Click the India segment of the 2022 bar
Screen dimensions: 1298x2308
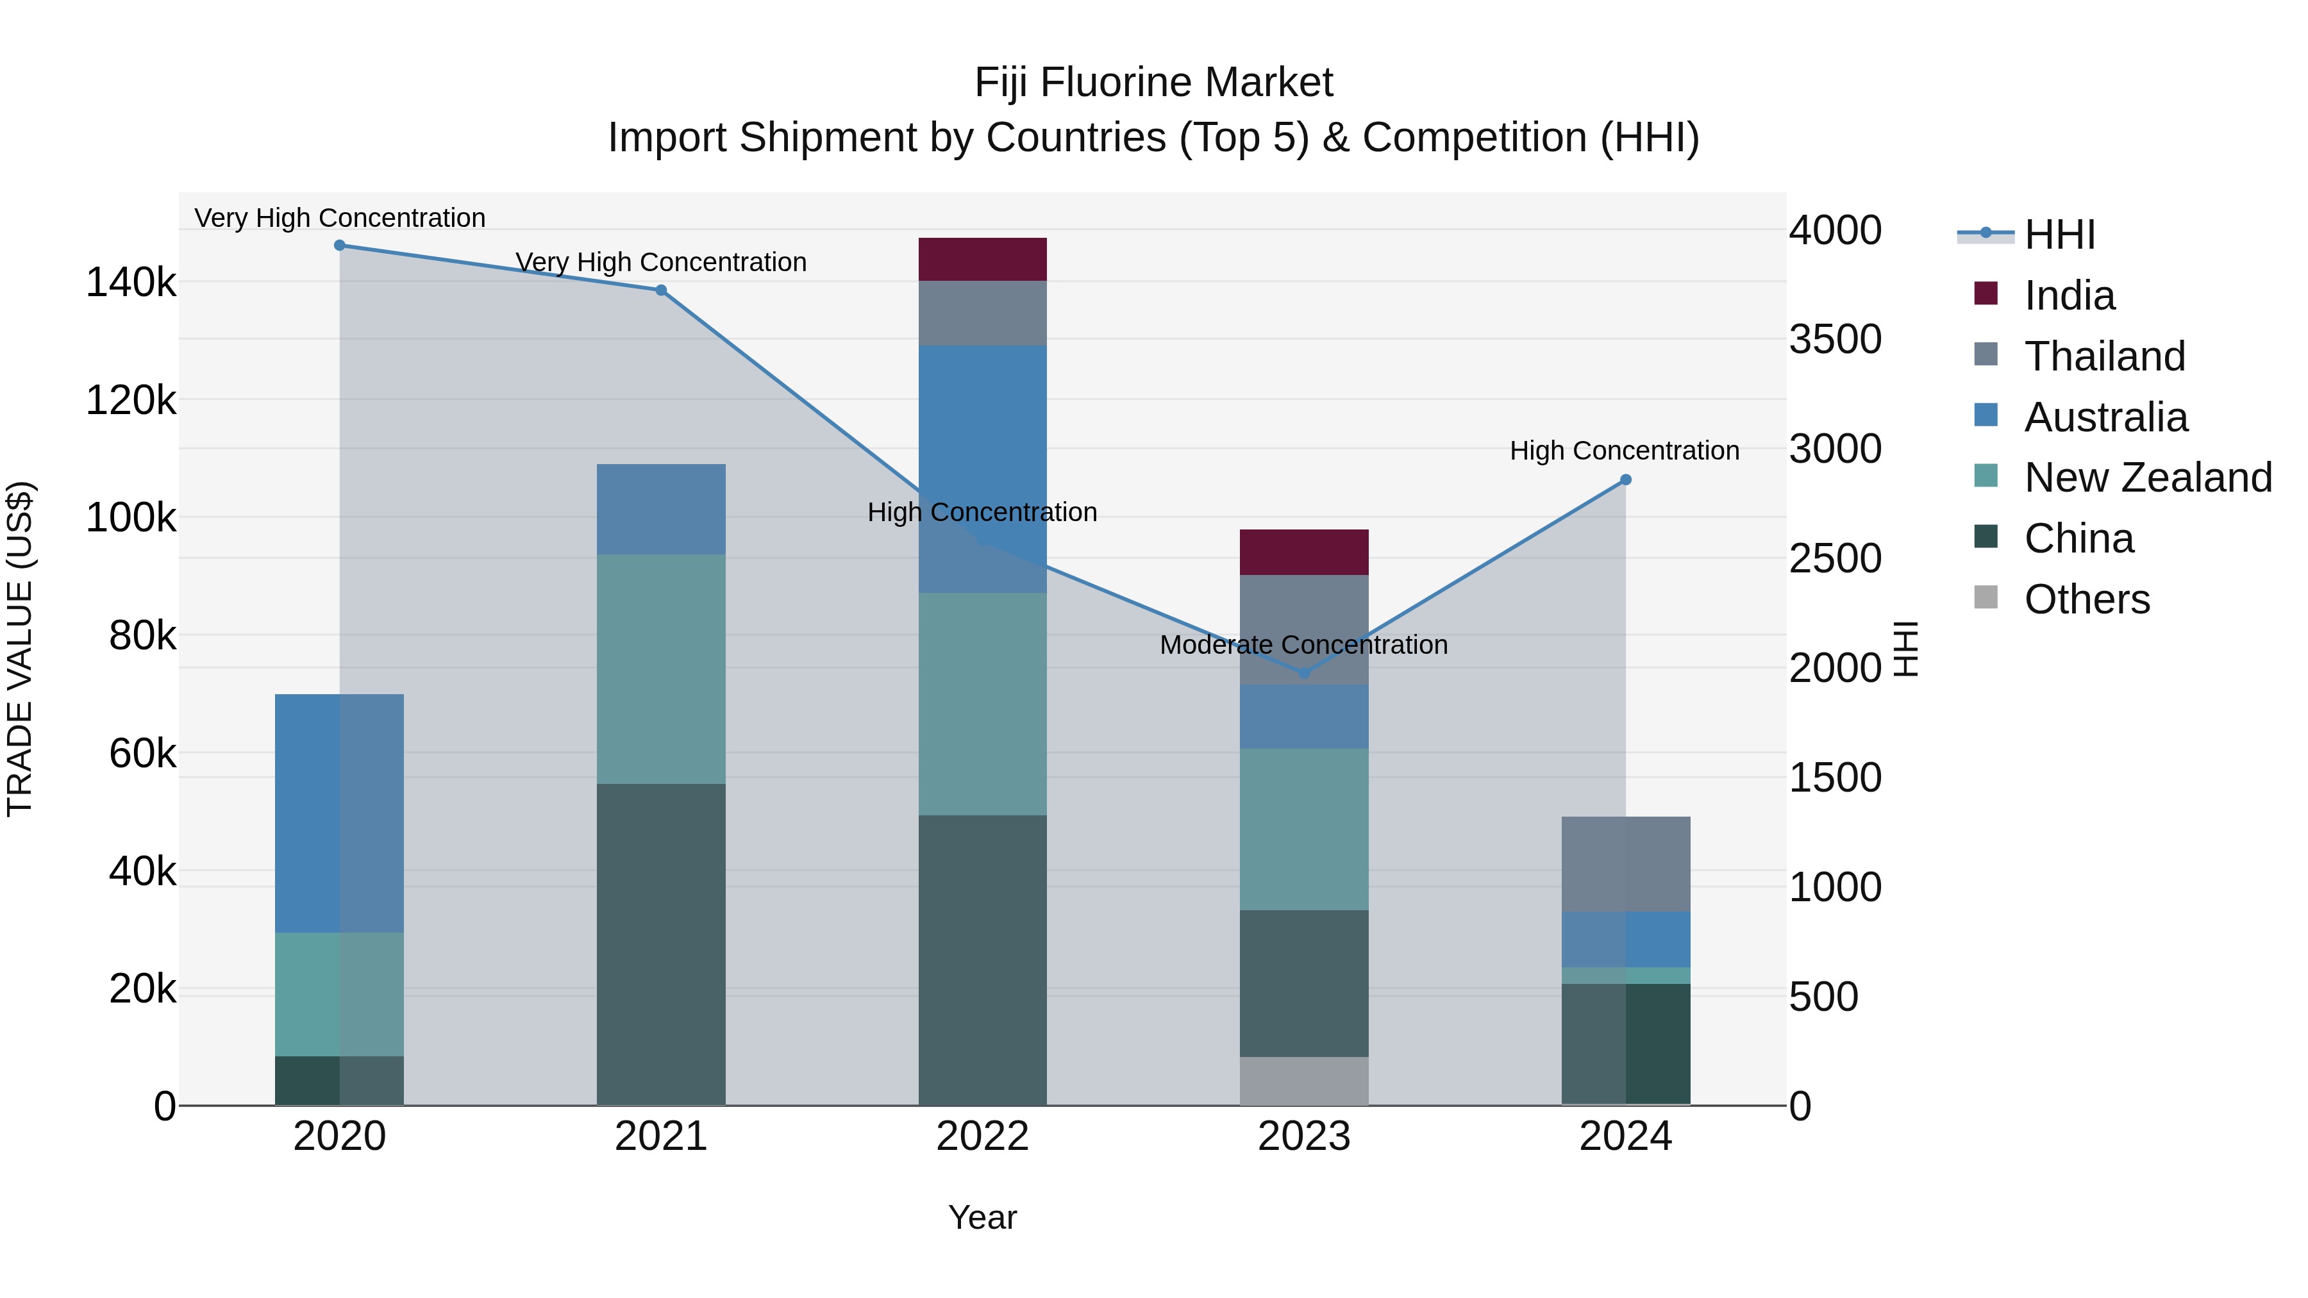point(982,259)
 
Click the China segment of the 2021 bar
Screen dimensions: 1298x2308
point(660,944)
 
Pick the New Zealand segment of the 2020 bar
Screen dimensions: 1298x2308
point(339,994)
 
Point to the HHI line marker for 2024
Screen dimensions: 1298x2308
point(1625,480)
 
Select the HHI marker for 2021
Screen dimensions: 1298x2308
point(660,290)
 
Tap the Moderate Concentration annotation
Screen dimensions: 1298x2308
point(1303,645)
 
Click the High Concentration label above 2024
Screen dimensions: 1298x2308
point(1625,451)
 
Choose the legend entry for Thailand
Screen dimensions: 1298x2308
point(2103,356)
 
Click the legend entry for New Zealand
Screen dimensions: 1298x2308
point(2146,478)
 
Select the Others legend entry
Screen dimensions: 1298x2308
point(2086,599)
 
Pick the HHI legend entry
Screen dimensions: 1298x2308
point(2059,235)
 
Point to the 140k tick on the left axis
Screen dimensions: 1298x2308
point(131,283)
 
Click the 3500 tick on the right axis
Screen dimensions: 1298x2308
point(1835,340)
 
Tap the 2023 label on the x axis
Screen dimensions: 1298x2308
point(1303,1136)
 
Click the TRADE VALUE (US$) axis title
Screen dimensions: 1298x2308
point(20,649)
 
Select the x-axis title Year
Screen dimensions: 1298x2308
point(982,1217)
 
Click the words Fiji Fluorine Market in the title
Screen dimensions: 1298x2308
point(1153,83)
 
